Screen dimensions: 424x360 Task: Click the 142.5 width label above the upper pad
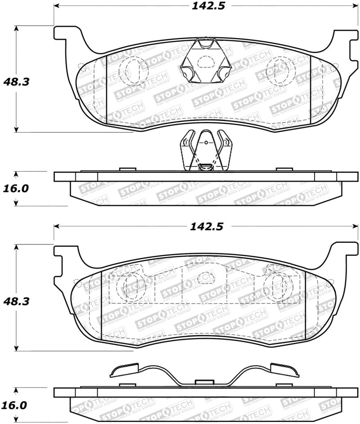(208, 6)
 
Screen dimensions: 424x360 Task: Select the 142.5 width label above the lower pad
(208, 227)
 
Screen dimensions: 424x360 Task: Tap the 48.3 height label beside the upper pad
(16, 82)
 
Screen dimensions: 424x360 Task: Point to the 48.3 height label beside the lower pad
(16, 301)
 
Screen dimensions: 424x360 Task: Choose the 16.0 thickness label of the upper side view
(16, 188)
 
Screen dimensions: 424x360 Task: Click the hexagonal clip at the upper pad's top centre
(205, 62)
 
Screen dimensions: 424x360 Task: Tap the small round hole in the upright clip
(206, 143)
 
